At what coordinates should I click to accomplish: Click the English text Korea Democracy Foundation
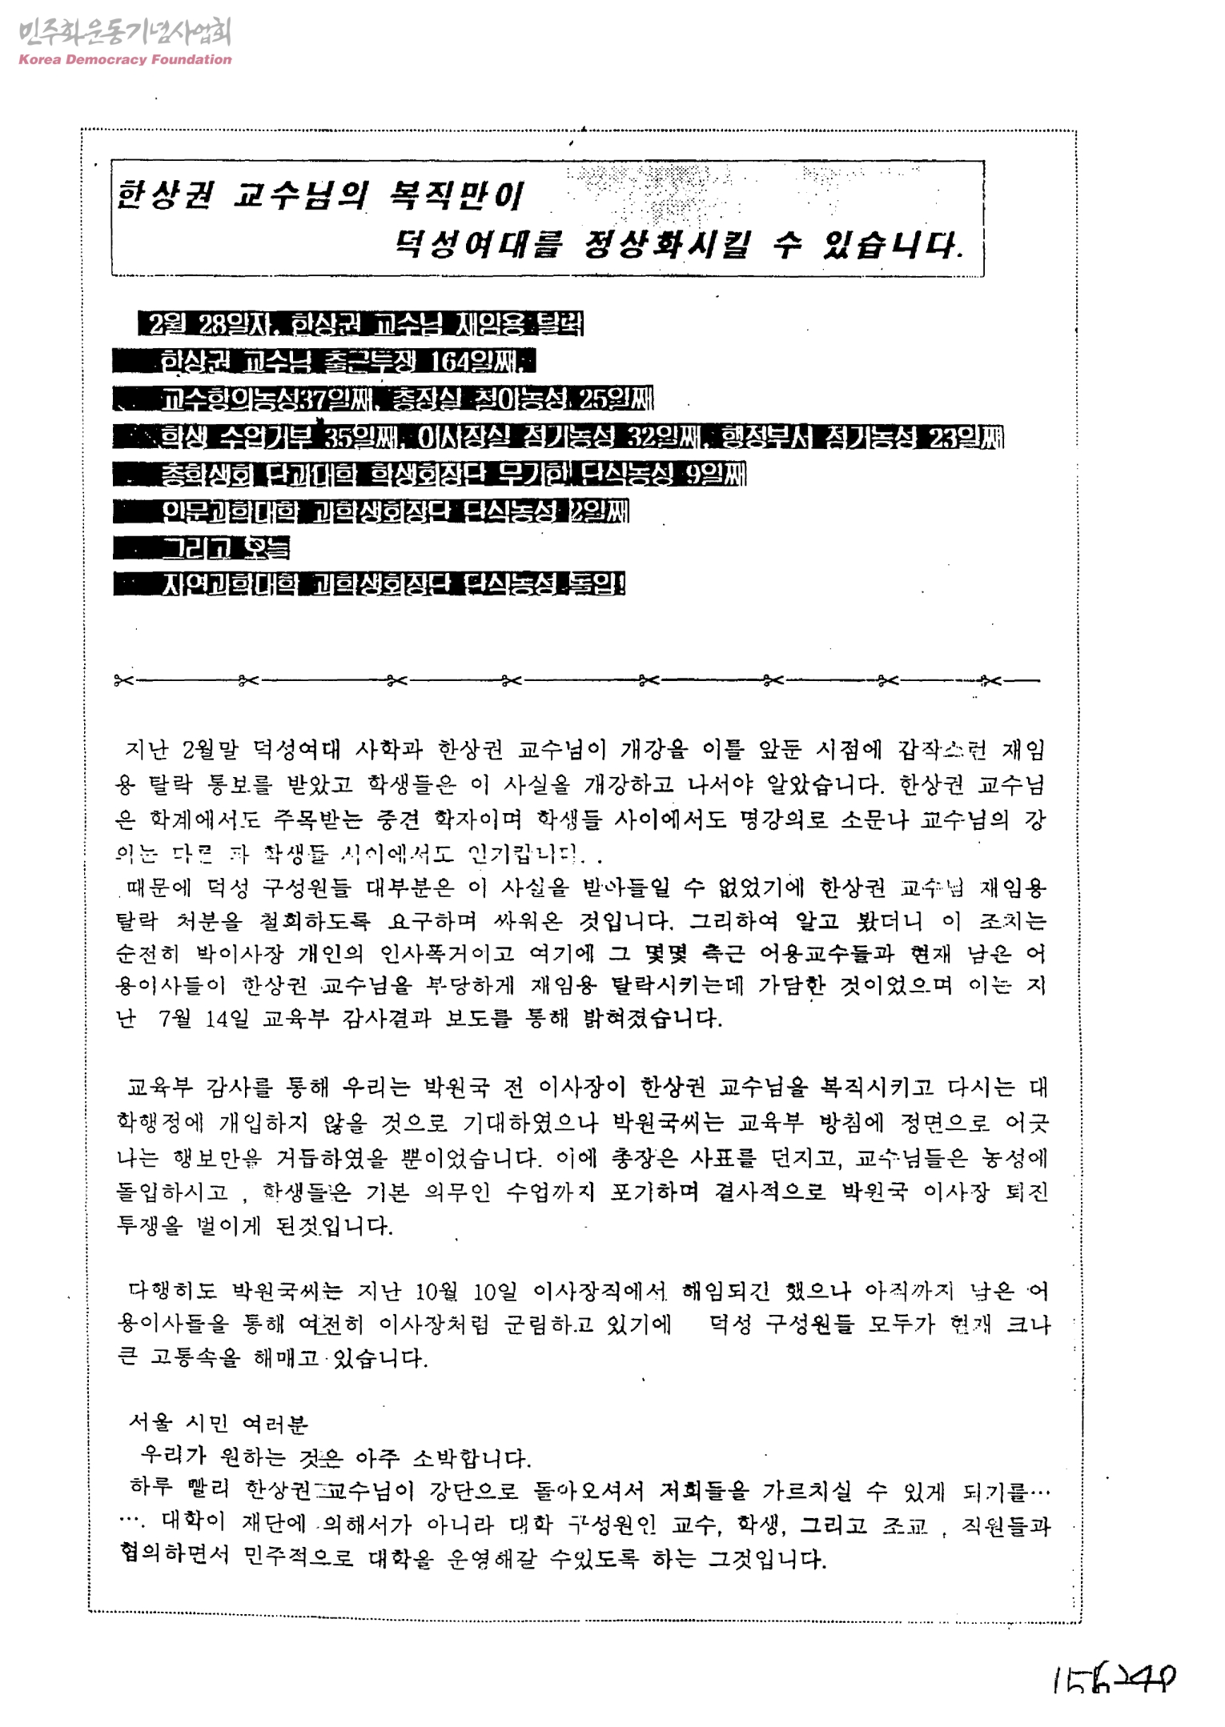(x=125, y=59)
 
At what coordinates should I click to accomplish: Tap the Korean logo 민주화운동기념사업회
(x=125, y=33)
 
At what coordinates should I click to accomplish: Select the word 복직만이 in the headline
(x=454, y=194)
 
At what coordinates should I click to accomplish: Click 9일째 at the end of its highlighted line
(x=715, y=475)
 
